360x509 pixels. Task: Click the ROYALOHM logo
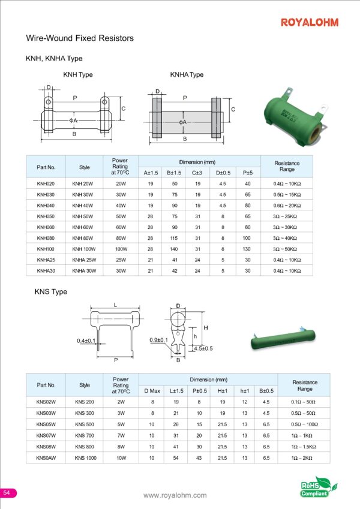[x=310, y=23]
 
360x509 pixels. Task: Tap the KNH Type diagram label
[x=78, y=75]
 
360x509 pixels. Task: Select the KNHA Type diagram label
[x=187, y=75]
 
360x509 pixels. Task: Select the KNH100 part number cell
[x=46, y=249]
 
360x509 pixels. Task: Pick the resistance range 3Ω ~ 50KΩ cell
[x=287, y=249]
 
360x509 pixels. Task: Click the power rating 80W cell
[x=121, y=238]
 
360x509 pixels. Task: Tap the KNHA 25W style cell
[x=85, y=260]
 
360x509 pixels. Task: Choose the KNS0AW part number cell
[x=46, y=457]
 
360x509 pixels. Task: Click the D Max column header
[x=152, y=391]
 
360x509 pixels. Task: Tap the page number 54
[x=7, y=492]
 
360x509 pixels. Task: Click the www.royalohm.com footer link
[x=175, y=495]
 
